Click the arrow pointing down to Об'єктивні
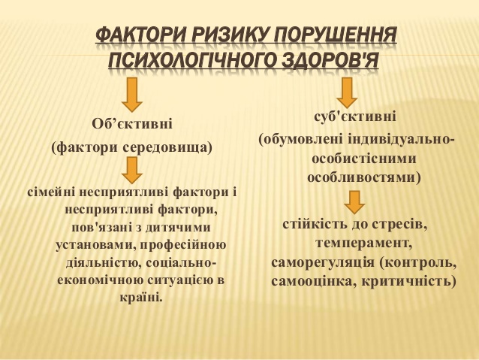(132, 95)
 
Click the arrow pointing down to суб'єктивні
(347, 92)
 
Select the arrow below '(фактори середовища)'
(132, 170)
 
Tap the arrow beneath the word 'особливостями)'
(354, 202)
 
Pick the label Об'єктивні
(132, 124)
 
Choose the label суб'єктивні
(355, 116)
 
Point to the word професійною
(179, 245)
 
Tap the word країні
(141, 297)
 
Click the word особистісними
(364, 159)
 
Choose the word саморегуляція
(323, 263)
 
